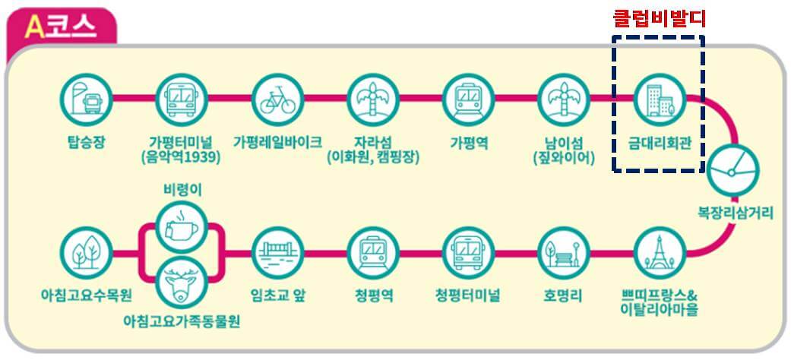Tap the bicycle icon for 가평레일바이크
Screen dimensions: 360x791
[x=277, y=98]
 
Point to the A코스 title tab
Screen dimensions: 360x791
[x=61, y=28]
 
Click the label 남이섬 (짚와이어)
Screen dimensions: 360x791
[x=563, y=150]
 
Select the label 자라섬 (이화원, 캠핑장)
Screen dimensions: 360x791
[x=372, y=150]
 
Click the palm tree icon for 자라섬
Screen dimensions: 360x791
[x=372, y=98]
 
